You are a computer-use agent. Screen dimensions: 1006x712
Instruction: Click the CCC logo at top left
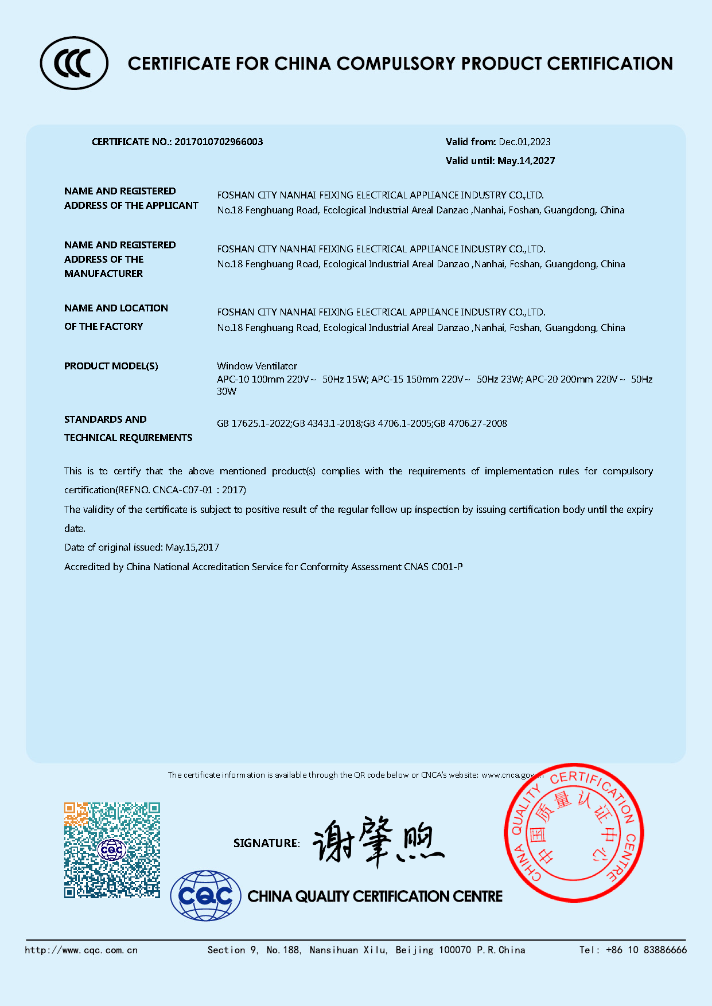pos(73,63)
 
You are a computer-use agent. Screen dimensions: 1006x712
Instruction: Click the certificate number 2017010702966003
pos(219,142)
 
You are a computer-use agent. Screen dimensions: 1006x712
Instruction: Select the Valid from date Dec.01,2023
pos(524,142)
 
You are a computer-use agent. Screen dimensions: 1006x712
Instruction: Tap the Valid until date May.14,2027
pos(526,161)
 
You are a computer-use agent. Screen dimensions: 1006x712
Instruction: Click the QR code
pos(112,849)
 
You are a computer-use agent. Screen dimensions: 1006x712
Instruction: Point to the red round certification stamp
pos(574,832)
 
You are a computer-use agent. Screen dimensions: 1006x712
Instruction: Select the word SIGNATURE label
pos(266,843)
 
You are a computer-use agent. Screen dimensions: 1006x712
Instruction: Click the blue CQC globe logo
pos(205,896)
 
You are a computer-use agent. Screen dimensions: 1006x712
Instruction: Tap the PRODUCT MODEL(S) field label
pos(111,366)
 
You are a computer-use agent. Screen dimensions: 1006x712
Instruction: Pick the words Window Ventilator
pos(257,366)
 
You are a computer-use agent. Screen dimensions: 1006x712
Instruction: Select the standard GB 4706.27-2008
pos(470,423)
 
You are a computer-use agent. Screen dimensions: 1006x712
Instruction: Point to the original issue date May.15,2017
pos(192,547)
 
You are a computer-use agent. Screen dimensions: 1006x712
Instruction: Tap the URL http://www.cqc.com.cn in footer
pos(81,950)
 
